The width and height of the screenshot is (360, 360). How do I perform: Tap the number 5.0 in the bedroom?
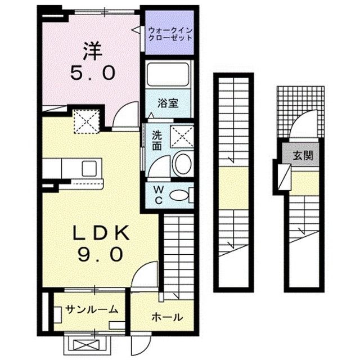93,73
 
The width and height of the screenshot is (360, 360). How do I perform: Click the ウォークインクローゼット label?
170,34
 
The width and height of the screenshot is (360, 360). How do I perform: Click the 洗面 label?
157,141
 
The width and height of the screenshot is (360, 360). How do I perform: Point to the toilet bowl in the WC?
179,195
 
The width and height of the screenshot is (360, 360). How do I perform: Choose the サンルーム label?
91,309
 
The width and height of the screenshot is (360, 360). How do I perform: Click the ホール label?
166,317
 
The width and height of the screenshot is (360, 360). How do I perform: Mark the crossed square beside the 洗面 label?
182,137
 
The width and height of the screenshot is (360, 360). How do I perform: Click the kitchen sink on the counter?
91,168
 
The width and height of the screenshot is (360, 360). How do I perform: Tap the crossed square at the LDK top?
87,120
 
